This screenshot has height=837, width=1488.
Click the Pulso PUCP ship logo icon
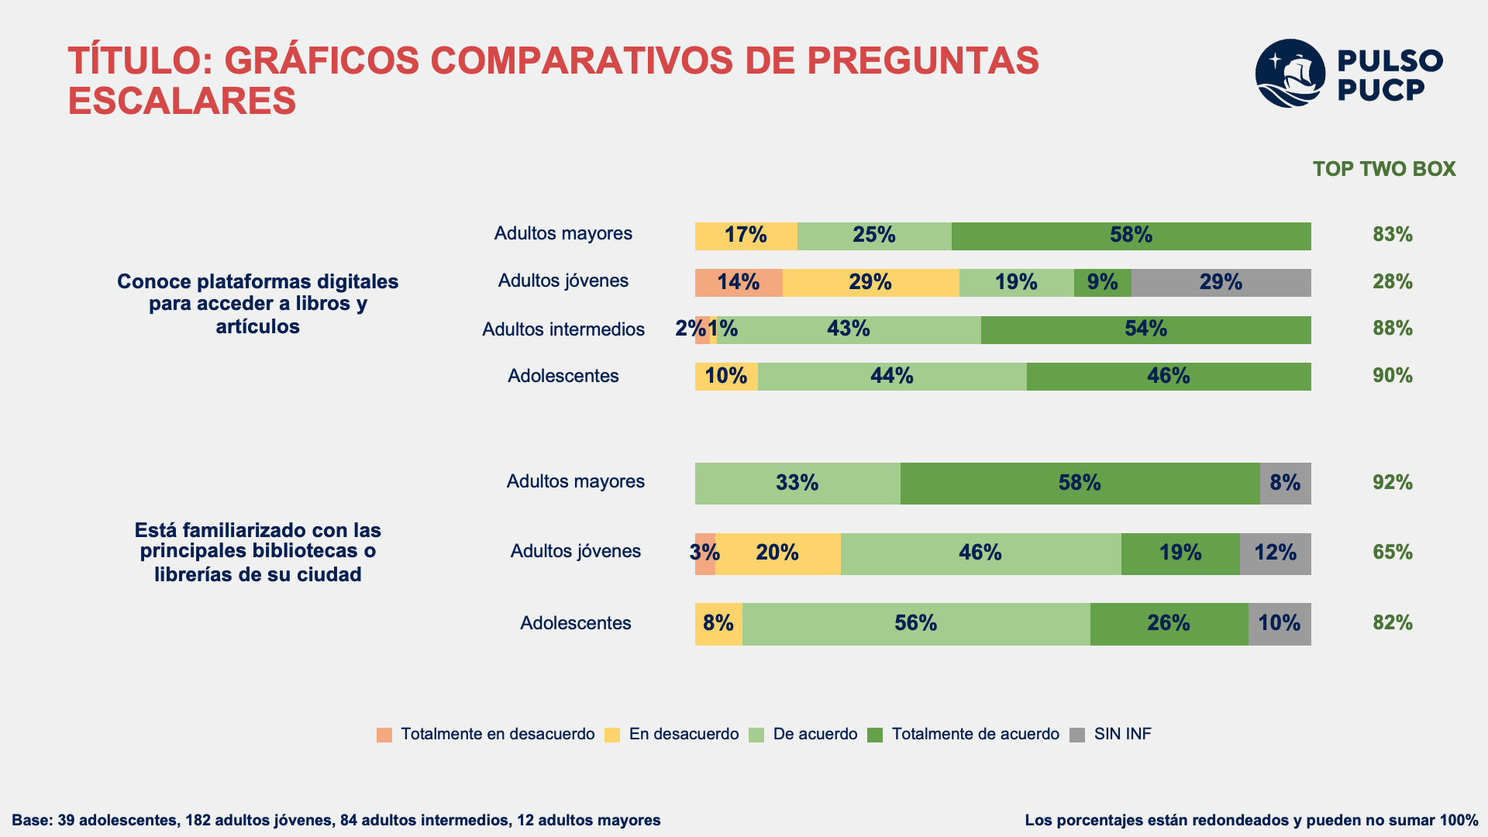(1290, 74)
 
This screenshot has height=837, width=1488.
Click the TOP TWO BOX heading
(1384, 169)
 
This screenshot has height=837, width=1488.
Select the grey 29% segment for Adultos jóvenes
(1221, 283)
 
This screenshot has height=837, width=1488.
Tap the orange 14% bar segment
(739, 283)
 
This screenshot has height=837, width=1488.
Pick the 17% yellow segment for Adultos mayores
(746, 236)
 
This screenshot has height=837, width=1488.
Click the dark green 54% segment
(1146, 330)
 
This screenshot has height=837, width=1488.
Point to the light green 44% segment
(892, 377)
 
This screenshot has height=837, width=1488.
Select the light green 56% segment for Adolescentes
(916, 624)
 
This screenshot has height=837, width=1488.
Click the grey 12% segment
(1276, 554)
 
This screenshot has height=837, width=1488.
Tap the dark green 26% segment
(1169, 624)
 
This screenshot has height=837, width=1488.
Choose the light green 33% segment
(797, 484)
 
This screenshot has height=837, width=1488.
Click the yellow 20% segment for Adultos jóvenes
(778, 554)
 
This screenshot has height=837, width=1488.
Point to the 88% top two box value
(1393, 329)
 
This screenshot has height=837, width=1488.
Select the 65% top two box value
(1393, 553)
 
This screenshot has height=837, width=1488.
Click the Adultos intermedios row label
(563, 329)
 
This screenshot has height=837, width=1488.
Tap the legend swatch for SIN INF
(1077, 735)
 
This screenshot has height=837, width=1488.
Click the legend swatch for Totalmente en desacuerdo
(384, 735)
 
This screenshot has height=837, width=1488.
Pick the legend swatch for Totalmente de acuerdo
(875, 735)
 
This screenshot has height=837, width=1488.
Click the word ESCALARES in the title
(182, 101)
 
